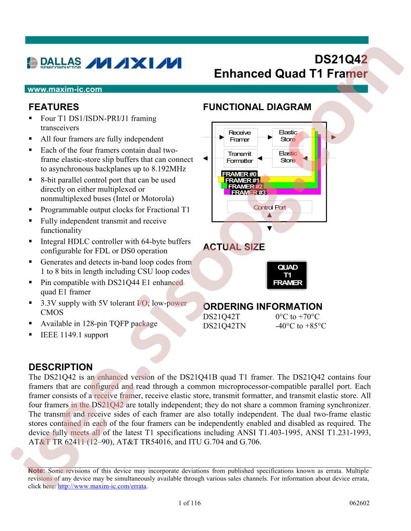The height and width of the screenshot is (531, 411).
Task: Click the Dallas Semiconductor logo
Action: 54,63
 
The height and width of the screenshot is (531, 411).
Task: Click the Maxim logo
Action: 133,63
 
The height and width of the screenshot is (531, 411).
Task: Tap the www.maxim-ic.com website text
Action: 65,90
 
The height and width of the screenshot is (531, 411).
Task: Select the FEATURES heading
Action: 53,107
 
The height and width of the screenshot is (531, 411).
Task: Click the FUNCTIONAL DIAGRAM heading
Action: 257,107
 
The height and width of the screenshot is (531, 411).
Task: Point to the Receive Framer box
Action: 240,136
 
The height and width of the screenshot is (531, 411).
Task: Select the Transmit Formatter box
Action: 240,157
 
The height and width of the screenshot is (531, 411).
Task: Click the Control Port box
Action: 269,207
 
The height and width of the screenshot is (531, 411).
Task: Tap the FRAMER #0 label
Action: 239,173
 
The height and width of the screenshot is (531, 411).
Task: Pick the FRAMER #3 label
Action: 248,193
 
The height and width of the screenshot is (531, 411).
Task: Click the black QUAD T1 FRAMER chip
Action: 287,275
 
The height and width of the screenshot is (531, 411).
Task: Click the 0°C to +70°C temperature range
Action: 297,317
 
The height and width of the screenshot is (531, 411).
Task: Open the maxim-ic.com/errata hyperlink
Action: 102,486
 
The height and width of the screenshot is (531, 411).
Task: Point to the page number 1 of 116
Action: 189,503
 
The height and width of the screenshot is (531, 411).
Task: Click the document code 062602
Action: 360,503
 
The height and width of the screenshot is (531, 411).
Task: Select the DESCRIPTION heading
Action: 60,367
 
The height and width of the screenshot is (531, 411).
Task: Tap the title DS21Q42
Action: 341,60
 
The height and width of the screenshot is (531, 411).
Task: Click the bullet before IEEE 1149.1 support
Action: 31,334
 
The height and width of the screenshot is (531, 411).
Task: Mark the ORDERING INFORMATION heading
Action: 262,306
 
